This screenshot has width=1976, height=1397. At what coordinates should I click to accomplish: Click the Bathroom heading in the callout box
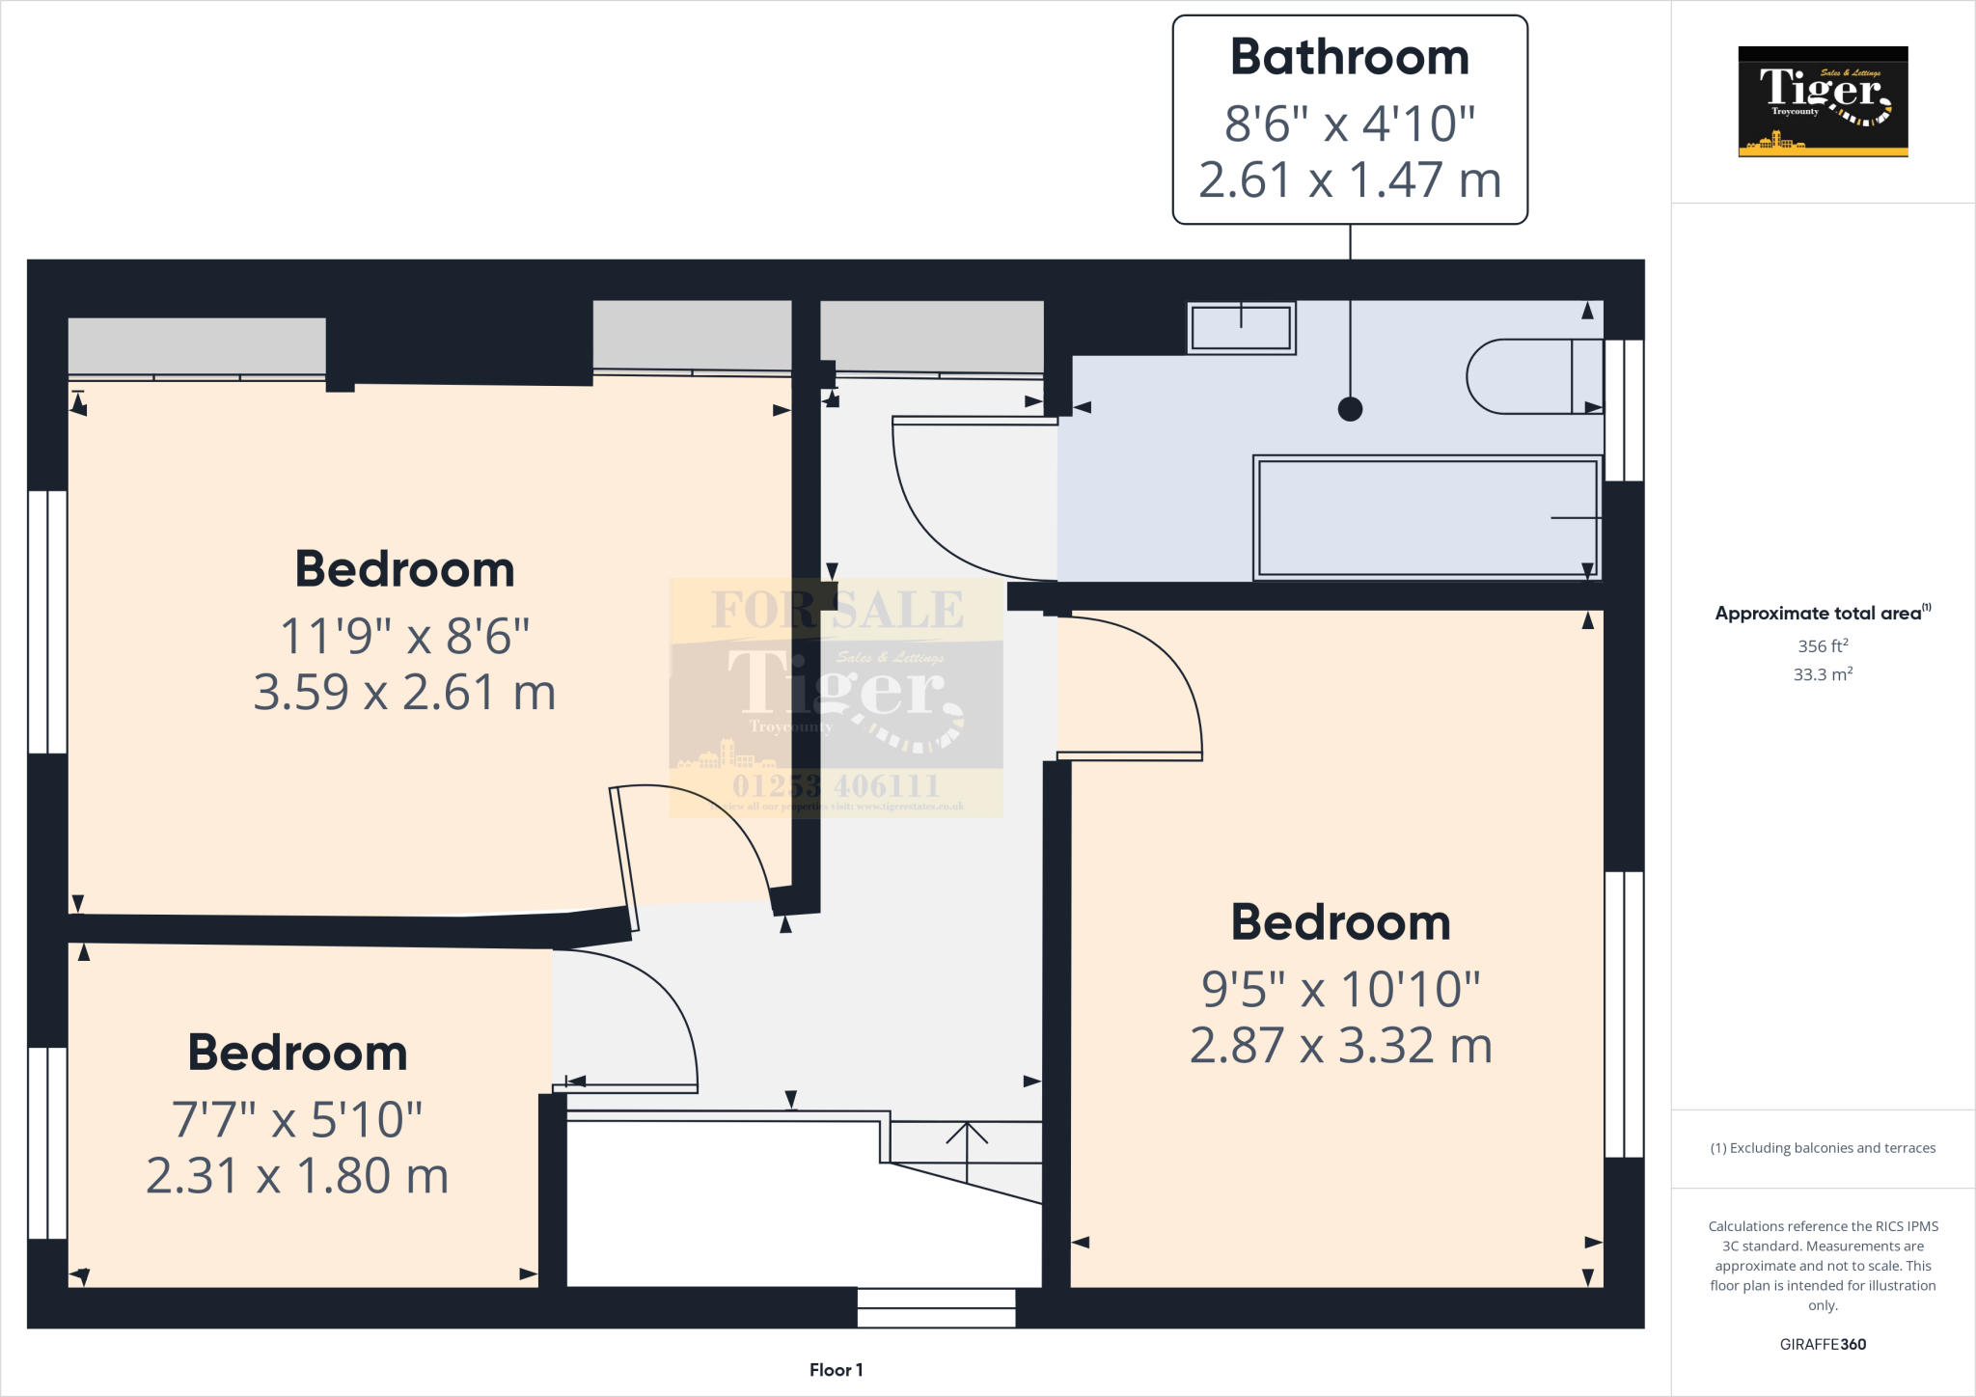pyautogui.click(x=1349, y=57)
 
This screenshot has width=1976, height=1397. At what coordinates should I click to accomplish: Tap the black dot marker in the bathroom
pyautogui.click(x=1350, y=409)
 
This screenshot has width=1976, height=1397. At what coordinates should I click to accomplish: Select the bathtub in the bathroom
pyautogui.click(x=1426, y=518)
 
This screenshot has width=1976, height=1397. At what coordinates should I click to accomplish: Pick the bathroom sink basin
pyautogui.click(x=1241, y=328)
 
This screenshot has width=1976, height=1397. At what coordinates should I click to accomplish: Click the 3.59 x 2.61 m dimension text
pyautogui.click(x=404, y=693)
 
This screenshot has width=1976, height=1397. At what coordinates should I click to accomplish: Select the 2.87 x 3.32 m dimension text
pyautogui.click(x=1340, y=1046)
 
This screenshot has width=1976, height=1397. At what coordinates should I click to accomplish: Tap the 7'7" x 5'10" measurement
pyautogui.click(x=297, y=1120)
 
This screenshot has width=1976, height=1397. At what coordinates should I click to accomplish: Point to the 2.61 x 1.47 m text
pyautogui.click(x=1349, y=180)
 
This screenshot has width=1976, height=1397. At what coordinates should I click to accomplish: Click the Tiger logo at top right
pyautogui.click(x=1822, y=101)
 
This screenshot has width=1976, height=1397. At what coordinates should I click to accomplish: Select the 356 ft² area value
pyautogui.click(x=1822, y=646)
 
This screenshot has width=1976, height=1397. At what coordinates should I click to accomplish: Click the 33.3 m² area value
pyautogui.click(x=1822, y=674)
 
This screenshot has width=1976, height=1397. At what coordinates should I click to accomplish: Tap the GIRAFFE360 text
pyautogui.click(x=1822, y=1344)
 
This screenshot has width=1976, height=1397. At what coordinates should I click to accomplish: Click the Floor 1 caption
pyautogui.click(x=836, y=1370)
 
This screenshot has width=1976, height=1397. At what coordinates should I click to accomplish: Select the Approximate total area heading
pyautogui.click(x=1822, y=614)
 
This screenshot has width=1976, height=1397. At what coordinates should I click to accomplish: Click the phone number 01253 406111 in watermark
pyautogui.click(x=836, y=785)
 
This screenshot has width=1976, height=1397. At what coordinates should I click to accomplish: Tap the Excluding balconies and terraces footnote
pyautogui.click(x=1822, y=1148)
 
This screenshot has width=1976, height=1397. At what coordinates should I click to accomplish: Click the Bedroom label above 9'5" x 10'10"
pyautogui.click(x=1340, y=922)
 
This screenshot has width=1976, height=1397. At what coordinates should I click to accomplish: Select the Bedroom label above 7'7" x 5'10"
pyautogui.click(x=297, y=1053)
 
